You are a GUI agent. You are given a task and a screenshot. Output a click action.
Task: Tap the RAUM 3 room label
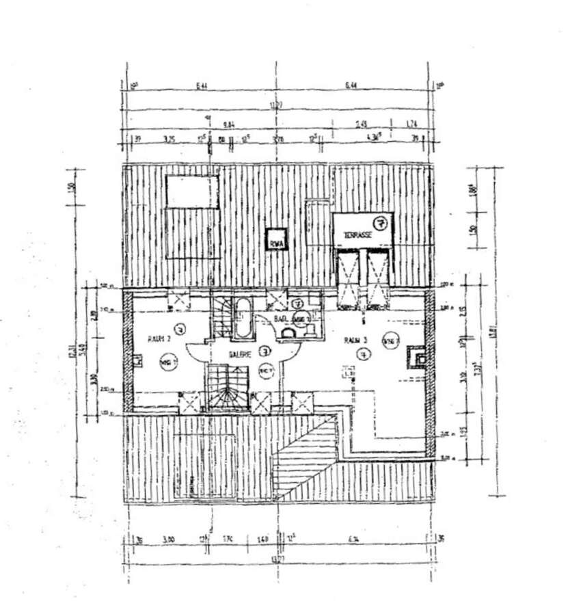[x=355, y=339]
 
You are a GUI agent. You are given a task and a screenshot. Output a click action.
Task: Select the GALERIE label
[x=240, y=354]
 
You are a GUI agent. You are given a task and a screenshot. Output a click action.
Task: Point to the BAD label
[x=280, y=319]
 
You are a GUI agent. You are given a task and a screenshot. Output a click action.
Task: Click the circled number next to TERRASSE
[x=381, y=222]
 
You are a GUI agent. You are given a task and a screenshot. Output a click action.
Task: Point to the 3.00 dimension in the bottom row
[x=169, y=540]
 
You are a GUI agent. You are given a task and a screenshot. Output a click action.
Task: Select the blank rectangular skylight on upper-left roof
[x=193, y=191]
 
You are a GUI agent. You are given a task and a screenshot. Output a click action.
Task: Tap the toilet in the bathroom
[x=288, y=332]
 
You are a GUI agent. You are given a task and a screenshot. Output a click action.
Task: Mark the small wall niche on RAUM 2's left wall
[x=138, y=360]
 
